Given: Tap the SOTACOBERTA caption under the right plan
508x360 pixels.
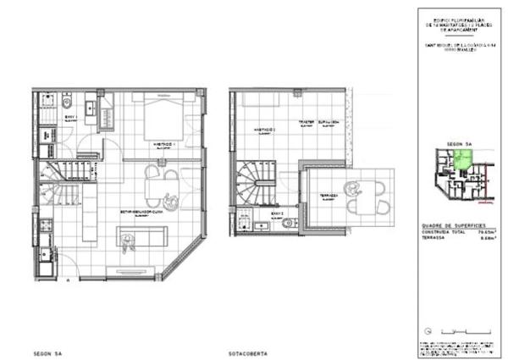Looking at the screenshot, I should pyautogui.click(x=246, y=352).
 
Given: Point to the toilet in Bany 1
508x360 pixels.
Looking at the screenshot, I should pyautogui.click(x=67, y=104).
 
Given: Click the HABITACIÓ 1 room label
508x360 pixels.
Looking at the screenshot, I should pyautogui.click(x=163, y=145).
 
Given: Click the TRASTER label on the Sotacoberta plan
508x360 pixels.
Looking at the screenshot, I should pyautogui.click(x=306, y=121).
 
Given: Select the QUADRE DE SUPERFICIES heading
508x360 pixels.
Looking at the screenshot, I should pyautogui.click(x=457, y=224).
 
